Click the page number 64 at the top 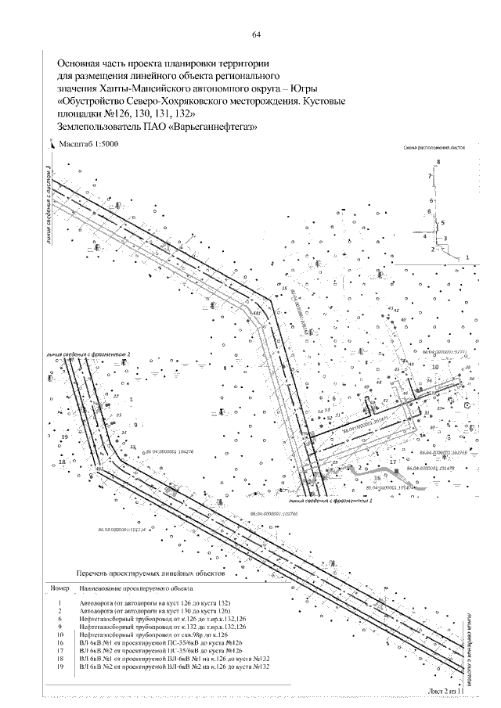point(256,34)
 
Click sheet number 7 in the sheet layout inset point(429,178)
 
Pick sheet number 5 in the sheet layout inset point(442,221)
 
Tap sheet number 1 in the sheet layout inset point(467,257)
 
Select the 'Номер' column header point(60,587)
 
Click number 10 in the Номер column point(60,634)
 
